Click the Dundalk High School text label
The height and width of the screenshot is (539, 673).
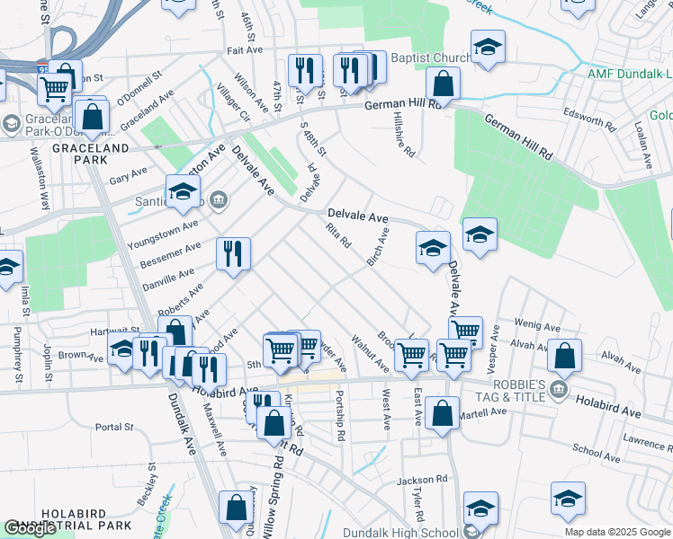coord(416,532)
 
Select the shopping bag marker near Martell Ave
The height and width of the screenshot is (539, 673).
coord(443,414)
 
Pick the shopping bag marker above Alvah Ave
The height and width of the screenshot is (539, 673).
coord(564,356)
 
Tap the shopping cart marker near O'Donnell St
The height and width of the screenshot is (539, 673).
coord(55,88)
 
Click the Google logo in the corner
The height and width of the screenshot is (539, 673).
coord(29,528)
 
